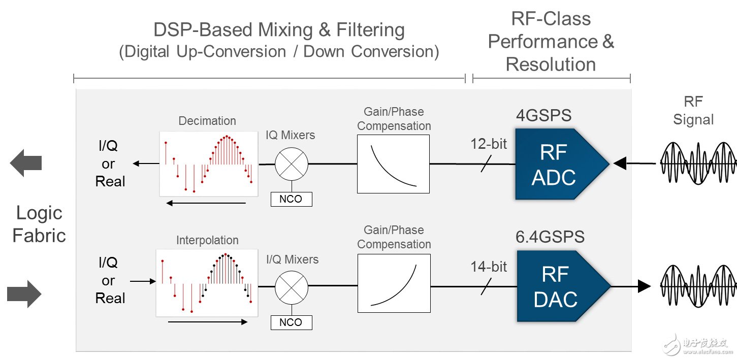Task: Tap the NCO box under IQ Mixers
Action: [x=291, y=199]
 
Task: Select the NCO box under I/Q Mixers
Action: [x=291, y=322]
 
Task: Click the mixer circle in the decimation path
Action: [x=292, y=163]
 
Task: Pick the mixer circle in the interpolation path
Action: [x=292, y=287]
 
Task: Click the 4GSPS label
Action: [x=543, y=115]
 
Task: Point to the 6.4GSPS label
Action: [x=550, y=237]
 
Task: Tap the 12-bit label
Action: [x=489, y=144]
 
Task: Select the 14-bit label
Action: [x=489, y=267]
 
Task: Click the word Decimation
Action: [x=207, y=121]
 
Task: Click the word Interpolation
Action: [x=207, y=240]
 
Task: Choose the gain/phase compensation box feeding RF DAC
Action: [x=394, y=283]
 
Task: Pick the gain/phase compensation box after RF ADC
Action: [x=393, y=163]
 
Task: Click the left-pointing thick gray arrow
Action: [x=26, y=163]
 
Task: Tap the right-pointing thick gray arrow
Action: [x=24, y=294]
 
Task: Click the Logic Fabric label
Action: [x=39, y=224]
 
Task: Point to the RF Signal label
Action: [x=693, y=111]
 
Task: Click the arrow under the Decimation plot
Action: [x=206, y=203]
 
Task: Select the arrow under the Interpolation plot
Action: [x=208, y=322]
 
